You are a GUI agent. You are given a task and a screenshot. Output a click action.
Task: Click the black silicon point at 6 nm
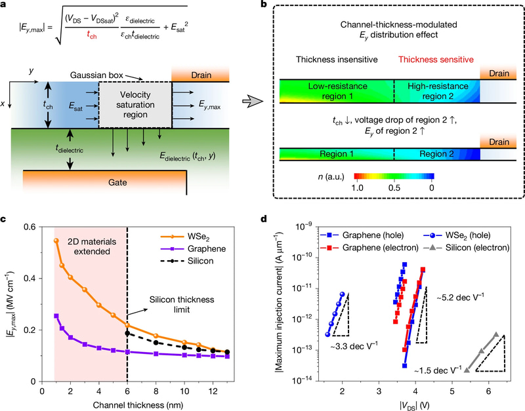(x=127, y=333)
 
